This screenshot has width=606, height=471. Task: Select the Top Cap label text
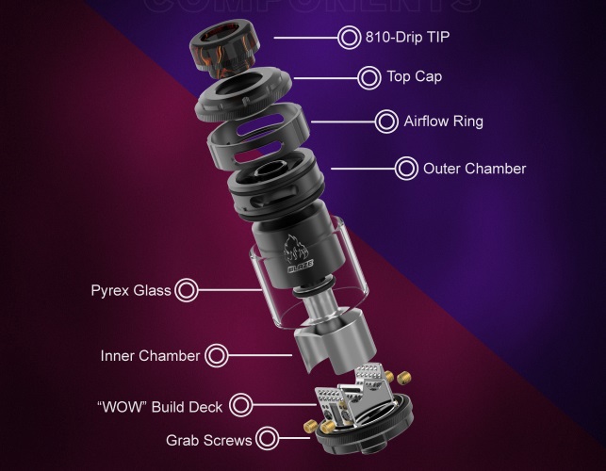415,77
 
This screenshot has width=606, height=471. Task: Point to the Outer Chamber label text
474,170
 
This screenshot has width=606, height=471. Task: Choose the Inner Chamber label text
150,356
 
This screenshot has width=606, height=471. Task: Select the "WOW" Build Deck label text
159,407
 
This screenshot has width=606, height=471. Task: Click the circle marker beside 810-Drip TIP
349,38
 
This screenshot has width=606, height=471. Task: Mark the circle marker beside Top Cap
370,76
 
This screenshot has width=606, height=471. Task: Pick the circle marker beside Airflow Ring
386,122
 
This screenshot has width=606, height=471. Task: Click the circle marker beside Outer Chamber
407,170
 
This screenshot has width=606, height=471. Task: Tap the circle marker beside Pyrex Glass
187,290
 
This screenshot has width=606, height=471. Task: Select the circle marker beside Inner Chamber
217,356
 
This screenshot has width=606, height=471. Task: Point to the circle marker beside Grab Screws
268,439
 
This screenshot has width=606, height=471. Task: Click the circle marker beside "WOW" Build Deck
240,406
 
